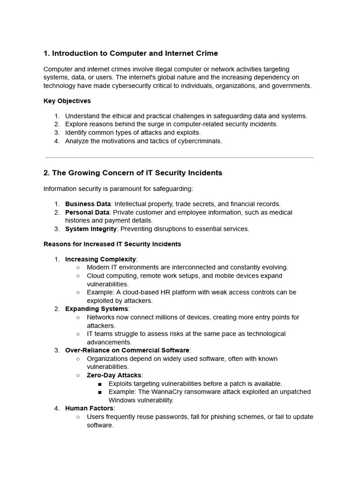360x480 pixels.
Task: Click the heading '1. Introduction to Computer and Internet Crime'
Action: coord(131,53)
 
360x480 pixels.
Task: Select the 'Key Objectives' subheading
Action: coord(67,101)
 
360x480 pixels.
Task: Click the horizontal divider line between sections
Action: coord(180,157)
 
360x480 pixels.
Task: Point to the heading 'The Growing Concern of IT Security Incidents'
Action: coord(137,173)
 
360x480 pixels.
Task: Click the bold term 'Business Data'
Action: coord(88,204)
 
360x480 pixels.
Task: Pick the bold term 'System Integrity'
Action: coord(91,229)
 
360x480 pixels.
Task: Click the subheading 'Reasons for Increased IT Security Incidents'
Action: coord(112,244)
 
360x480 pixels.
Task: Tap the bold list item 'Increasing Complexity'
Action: coord(100,259)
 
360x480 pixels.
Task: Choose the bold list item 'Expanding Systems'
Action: coord(96,309)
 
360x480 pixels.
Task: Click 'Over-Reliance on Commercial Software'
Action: coord(127,350)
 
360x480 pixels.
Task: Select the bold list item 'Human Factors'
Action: coord(89,408)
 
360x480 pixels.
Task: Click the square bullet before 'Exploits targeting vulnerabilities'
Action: coord(100,384)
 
